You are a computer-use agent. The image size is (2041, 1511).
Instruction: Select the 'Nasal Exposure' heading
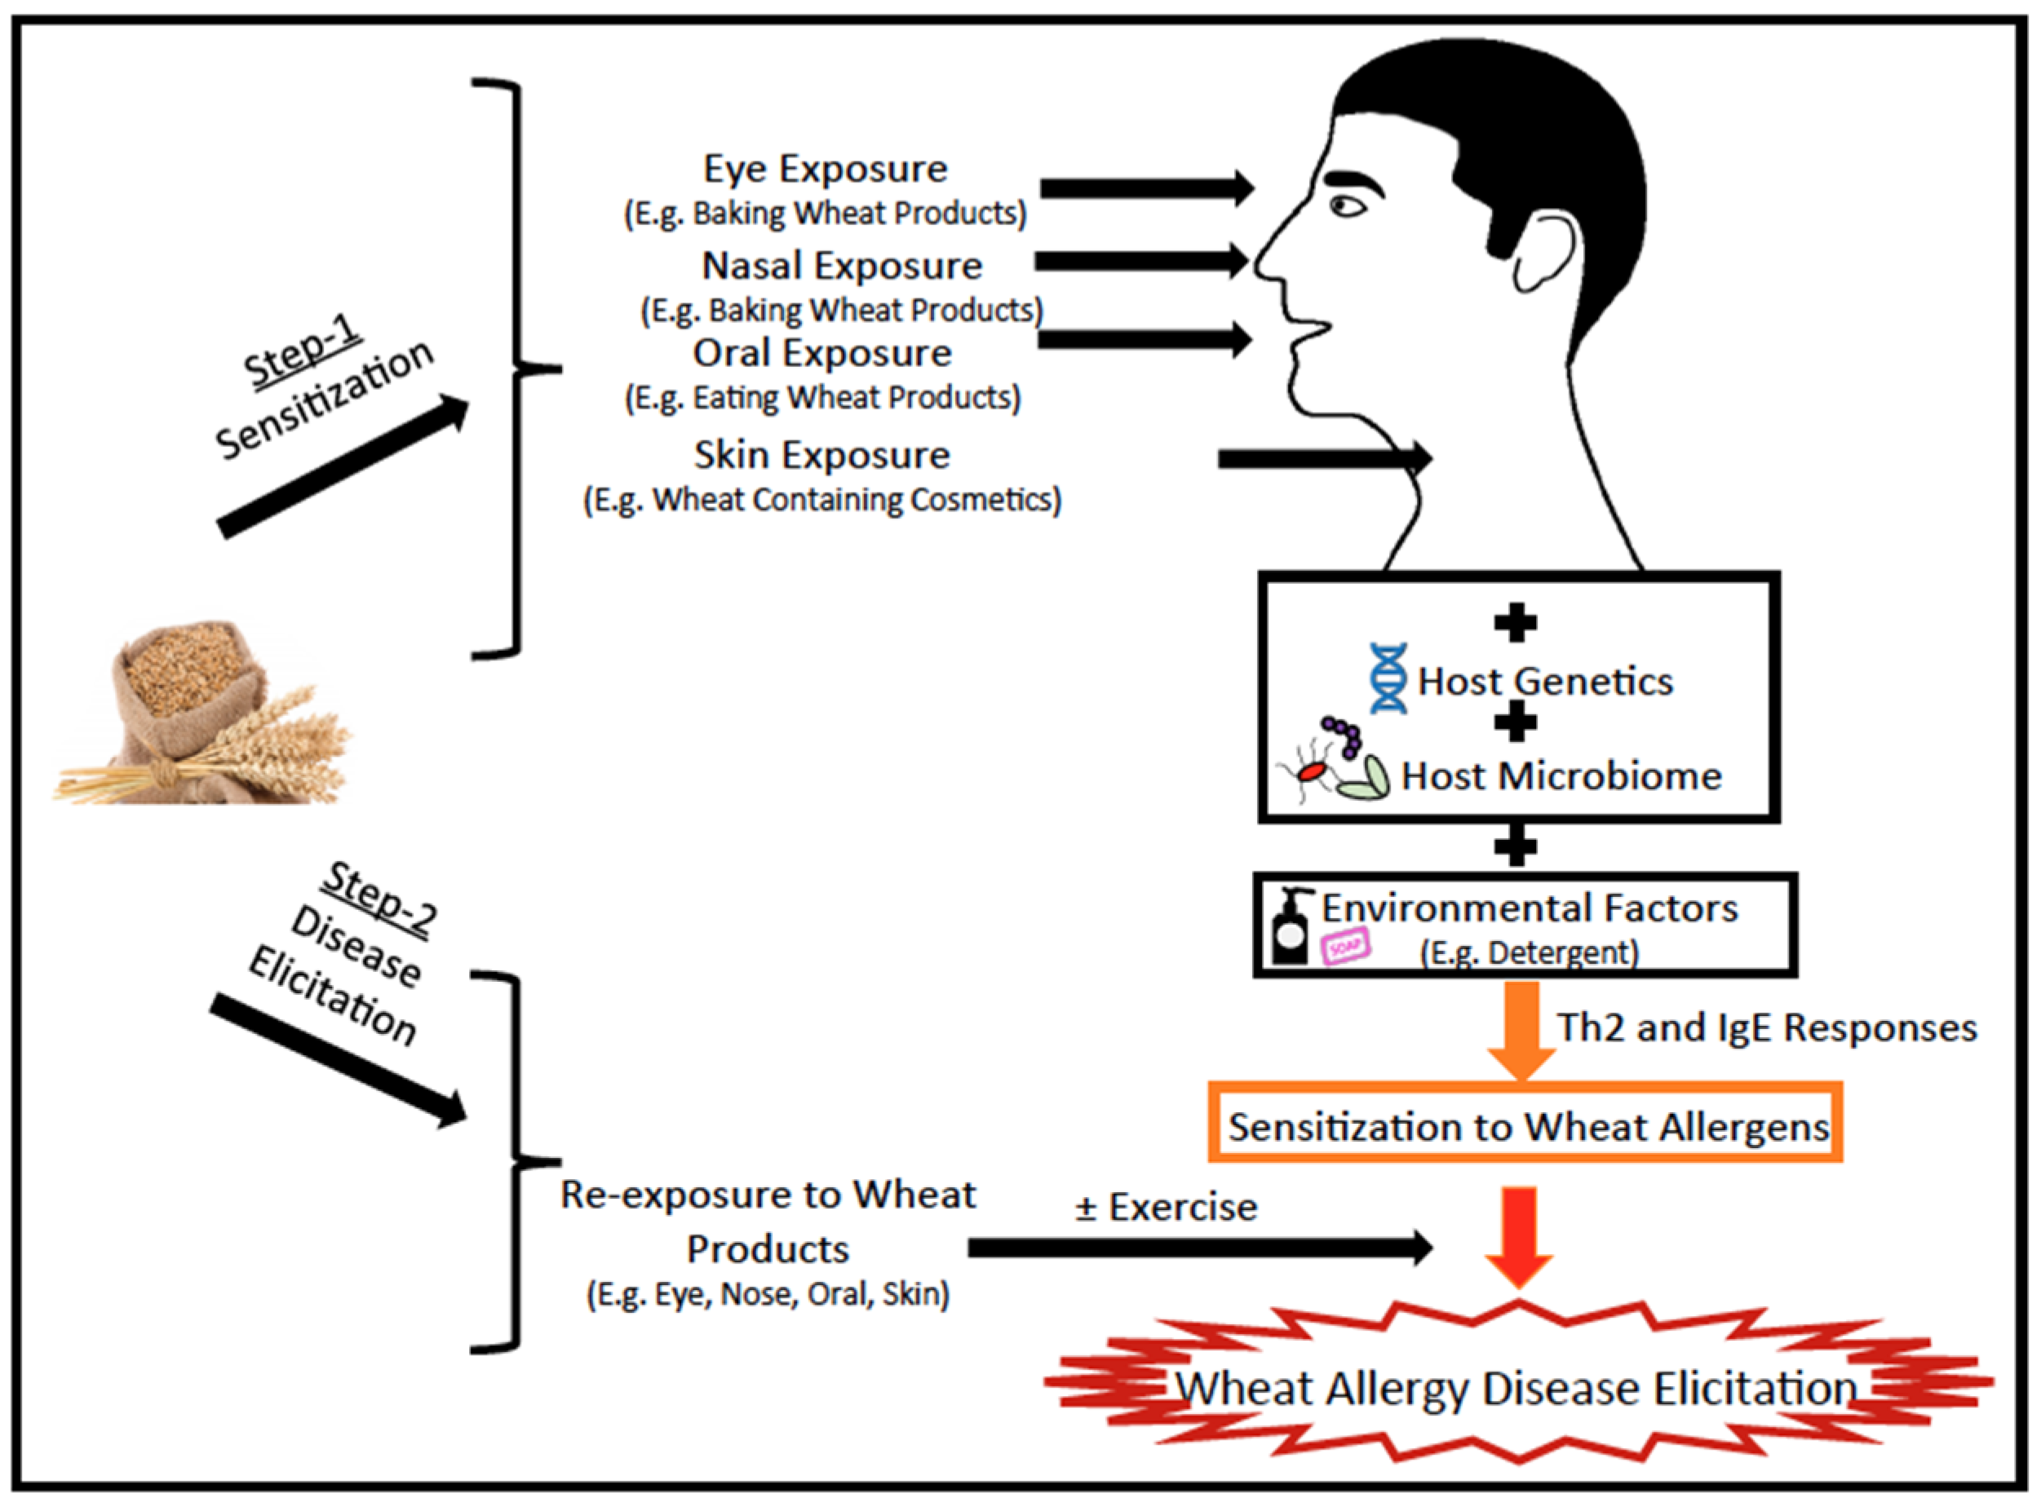click(x=842, y=266)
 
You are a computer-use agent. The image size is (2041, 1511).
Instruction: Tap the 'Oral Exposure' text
click(x=821, y=354)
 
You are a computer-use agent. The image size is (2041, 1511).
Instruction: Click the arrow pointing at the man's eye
click(x=1147, y=188)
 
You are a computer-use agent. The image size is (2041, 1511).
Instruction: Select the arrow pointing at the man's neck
click(x=1325, y=458)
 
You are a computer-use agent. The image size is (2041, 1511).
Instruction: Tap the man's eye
click(x=1346, y=206)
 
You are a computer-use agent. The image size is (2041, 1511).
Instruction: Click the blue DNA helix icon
click(x=1388, y=678)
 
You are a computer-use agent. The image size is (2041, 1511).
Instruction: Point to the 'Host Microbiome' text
click(x=1561, y=776)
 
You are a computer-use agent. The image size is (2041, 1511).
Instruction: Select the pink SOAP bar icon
click(x=1346, y=947)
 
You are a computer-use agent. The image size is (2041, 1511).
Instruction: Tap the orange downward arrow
click(x=1521, y=1031)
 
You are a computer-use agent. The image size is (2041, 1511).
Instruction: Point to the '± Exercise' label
click(x=1167, y=1208)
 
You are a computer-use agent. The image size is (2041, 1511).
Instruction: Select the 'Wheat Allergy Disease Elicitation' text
click(x=1516, y=1389)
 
